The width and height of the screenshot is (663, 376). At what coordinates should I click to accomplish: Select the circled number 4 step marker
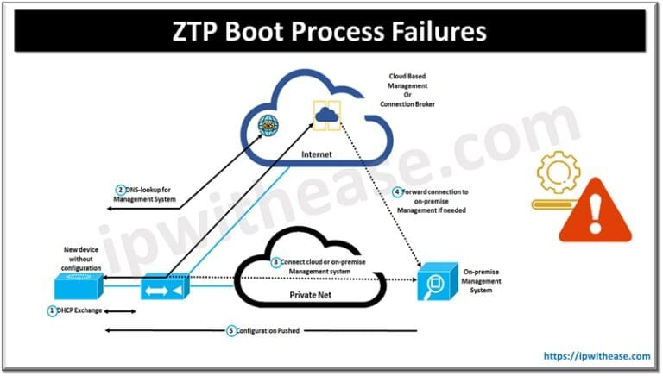click(396, 192)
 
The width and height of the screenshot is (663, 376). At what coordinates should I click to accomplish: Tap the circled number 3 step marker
click(275, 261)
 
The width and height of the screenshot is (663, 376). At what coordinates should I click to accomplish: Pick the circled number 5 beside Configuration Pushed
click(230, 330)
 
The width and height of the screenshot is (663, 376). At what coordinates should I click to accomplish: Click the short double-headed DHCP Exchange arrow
click(120, 311)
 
